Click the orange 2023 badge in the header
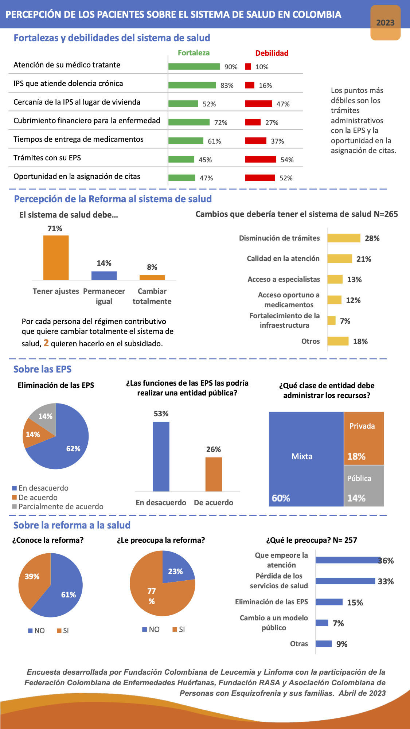385,23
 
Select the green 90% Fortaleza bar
194,66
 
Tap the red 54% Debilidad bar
261,159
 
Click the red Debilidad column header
272,53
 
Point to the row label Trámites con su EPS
47,158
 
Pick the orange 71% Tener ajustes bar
56,258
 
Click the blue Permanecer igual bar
104,276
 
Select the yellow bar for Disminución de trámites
344,238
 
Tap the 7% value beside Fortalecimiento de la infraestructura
345,321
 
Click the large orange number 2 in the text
46,343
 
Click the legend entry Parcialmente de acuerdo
61,507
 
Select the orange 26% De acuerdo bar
214,474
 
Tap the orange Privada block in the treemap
364,438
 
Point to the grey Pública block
364,486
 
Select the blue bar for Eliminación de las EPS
329,602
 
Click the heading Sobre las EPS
42,369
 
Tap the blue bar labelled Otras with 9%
324,644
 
